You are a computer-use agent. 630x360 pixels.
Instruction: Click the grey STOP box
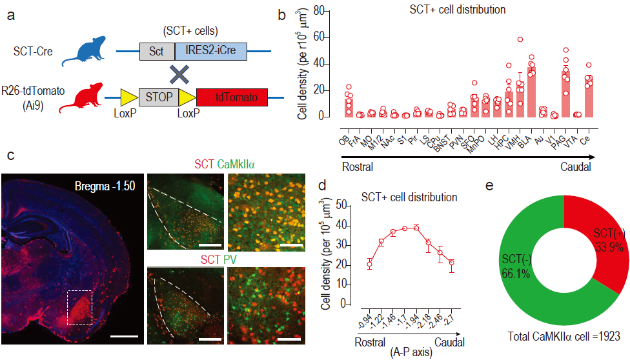pos(158,98)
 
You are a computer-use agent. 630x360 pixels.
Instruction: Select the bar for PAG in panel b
pos(566,94)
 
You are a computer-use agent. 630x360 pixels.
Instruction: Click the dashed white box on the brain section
pos(79,307)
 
